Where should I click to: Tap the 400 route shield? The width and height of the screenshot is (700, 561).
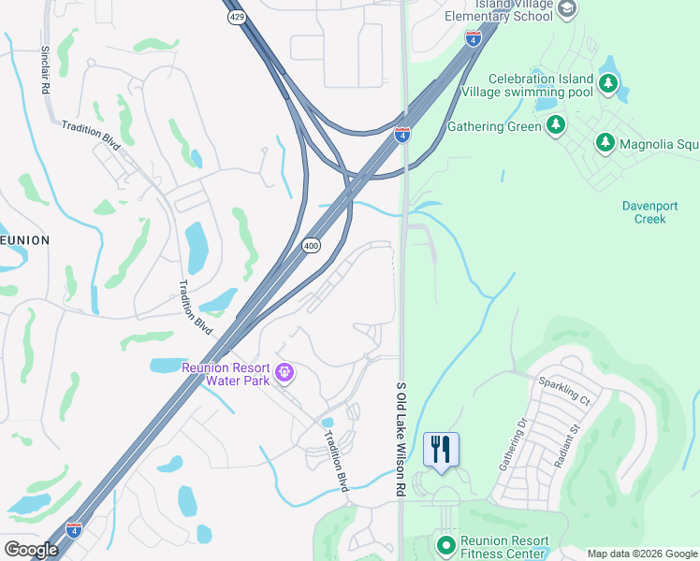312,245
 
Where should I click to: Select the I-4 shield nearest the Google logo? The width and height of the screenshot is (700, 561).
74,529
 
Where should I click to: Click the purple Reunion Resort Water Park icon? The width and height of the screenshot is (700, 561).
285,375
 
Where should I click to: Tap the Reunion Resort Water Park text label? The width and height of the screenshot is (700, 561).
226,374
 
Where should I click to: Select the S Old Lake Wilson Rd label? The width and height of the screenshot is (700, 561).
401,439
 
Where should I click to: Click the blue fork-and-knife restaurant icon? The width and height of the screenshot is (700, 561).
441,449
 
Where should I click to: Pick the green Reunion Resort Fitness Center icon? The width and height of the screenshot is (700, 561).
446,543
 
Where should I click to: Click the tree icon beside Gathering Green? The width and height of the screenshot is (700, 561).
556,125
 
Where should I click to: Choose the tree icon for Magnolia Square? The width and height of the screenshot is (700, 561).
605,142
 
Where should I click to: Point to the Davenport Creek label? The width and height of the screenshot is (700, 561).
644,212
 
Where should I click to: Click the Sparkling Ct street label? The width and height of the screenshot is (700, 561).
563,391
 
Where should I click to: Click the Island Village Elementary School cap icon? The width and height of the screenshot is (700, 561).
565,8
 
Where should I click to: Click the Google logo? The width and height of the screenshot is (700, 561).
31,550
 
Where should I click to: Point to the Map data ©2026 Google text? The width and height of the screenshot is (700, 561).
642,554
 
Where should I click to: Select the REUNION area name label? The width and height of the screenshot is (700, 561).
22,240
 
